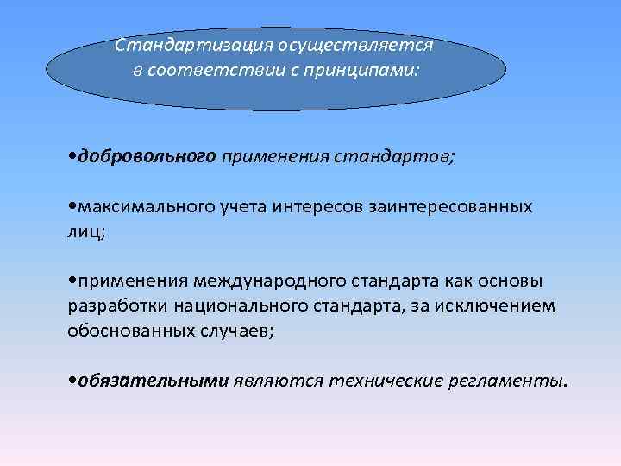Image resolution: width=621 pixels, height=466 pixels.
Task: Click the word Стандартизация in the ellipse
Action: [176, 43]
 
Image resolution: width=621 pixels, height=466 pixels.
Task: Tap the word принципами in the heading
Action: [370, 69]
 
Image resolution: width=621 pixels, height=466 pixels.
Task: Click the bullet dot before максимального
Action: [72, 207]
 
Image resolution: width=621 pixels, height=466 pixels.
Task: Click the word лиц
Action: [84, 231]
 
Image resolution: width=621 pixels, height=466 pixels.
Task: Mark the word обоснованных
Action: [122, 330]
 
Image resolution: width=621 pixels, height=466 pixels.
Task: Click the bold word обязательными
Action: [153, 380]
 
